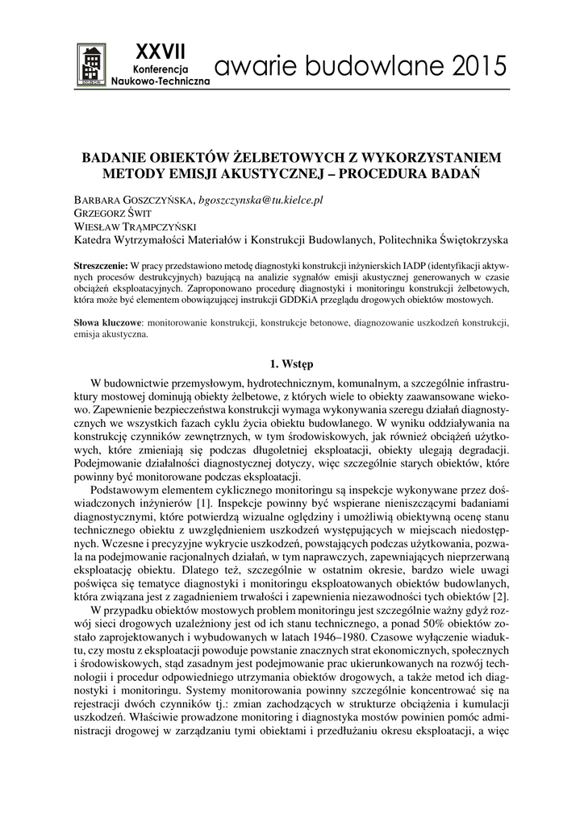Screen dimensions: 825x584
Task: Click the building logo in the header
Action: point(91,63)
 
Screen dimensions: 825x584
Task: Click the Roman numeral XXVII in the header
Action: point(160,51)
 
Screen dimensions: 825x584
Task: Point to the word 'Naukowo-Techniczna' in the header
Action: point(160,82)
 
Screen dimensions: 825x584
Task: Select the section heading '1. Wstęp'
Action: point(291,363)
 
